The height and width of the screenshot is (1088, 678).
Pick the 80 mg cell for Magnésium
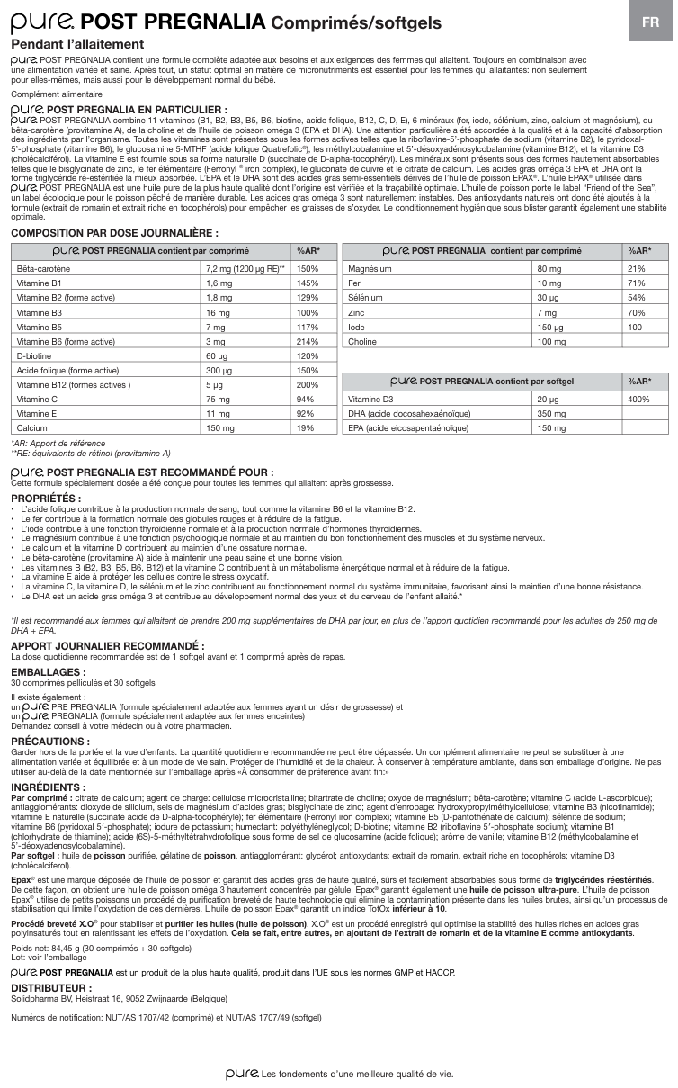(x=548, y=268)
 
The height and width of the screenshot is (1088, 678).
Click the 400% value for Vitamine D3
(x=638, y=400)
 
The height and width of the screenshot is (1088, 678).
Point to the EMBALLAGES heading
(x=49, y=671)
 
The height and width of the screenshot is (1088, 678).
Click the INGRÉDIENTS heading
(x=49, y=787)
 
